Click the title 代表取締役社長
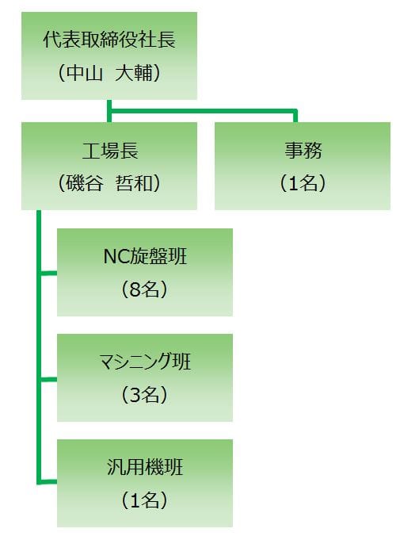click(x=109, y=39)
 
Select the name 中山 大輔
click(x=109, y=73)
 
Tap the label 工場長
click(x=110, y=151)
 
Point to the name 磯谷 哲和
click(x=109, y=182)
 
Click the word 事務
click(x=303, y=151)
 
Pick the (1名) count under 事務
click(x=303, y=182)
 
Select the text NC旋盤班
click(x=145, y=257)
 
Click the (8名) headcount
click(x=144, y=289)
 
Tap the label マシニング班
click(x=145, y=362)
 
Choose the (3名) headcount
click(x=144, y=394)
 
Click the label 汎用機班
click(x=145, y=467)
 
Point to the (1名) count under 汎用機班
click(x=144, y=500)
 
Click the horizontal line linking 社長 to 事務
click(x=203, y=111)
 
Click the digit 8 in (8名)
click(x=135, y=289)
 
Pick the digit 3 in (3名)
click(x=135, y=395)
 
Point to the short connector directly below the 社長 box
click(x=109, y=111)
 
